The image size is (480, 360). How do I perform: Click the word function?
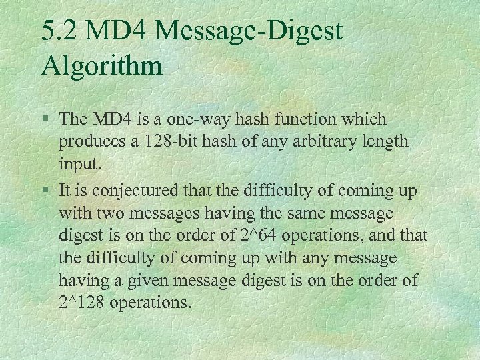click(x=316, y=119)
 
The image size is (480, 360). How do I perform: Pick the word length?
click(x=390, y=142)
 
